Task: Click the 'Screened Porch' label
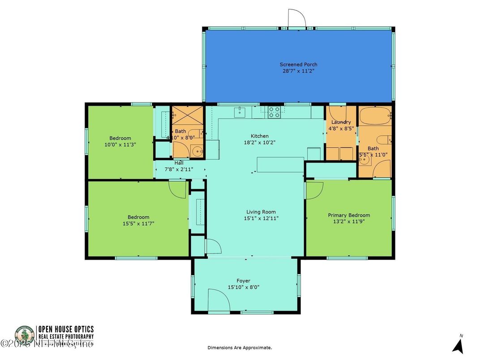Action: coord(298,64)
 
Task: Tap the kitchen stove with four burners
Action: coord(274,112)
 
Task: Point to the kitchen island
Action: coord(280,164)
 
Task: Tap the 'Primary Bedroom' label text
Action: coord(349,215)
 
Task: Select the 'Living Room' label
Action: coord(261,212)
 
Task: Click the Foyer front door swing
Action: coord(218,300)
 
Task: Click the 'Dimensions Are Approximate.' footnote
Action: coord(240,347)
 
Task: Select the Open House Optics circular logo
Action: coord(24,336)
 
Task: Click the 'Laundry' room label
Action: coord(341,122)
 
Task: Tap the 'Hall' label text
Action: coord(179,163)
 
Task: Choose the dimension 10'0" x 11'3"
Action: coord(120,145)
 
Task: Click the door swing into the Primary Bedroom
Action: coord(314,190)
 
